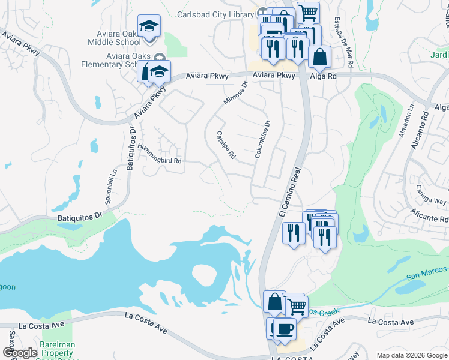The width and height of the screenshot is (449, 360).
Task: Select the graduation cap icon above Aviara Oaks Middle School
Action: pyautogui.click(x=149, y=26)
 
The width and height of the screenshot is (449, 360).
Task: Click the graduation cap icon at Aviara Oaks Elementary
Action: pyautogui.click(x=159, y=71)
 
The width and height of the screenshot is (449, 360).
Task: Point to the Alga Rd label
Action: pyautogui.click(x=324, y=76)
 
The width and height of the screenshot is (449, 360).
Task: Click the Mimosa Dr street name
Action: pyautogui.click(x=235, y=93)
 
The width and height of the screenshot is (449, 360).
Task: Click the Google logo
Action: pyautogui.click(x=20, y=353)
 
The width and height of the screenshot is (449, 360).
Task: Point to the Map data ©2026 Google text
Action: pyautogui.click(x=411, y=355)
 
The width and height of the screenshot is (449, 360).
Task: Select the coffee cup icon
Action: pyautogui.click(x=285, y=329)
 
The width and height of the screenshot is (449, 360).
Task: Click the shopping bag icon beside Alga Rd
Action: pyautogui.click(x=320, y=57)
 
